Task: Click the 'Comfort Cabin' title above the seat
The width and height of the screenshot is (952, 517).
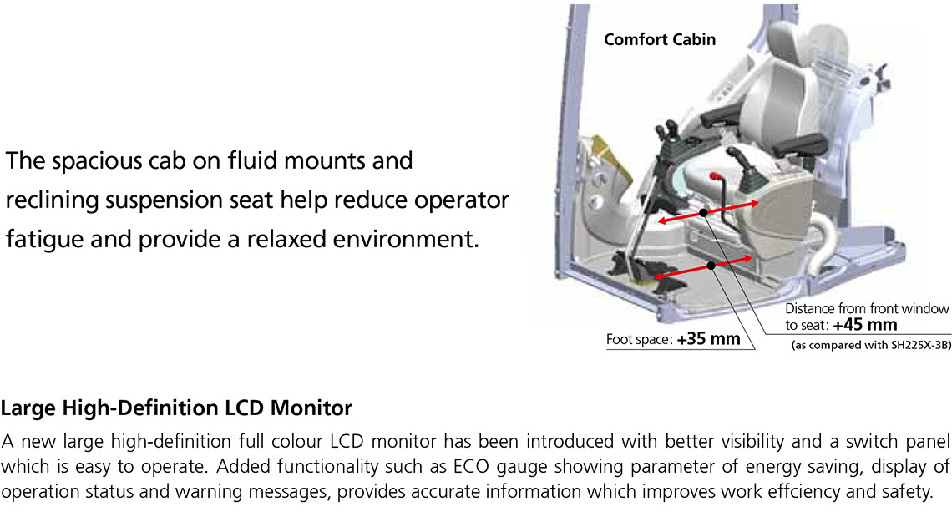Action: point(660,39)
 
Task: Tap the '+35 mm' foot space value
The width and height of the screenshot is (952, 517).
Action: point(709,340)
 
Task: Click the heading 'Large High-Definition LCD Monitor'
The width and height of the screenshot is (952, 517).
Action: point(176,408)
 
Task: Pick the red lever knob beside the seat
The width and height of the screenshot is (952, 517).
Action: point(715,177)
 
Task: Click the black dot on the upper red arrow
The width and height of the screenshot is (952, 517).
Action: point(704,213)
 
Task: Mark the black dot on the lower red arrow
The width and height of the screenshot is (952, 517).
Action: point(711,266)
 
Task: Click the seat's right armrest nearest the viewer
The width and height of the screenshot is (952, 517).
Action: point(792,150)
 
